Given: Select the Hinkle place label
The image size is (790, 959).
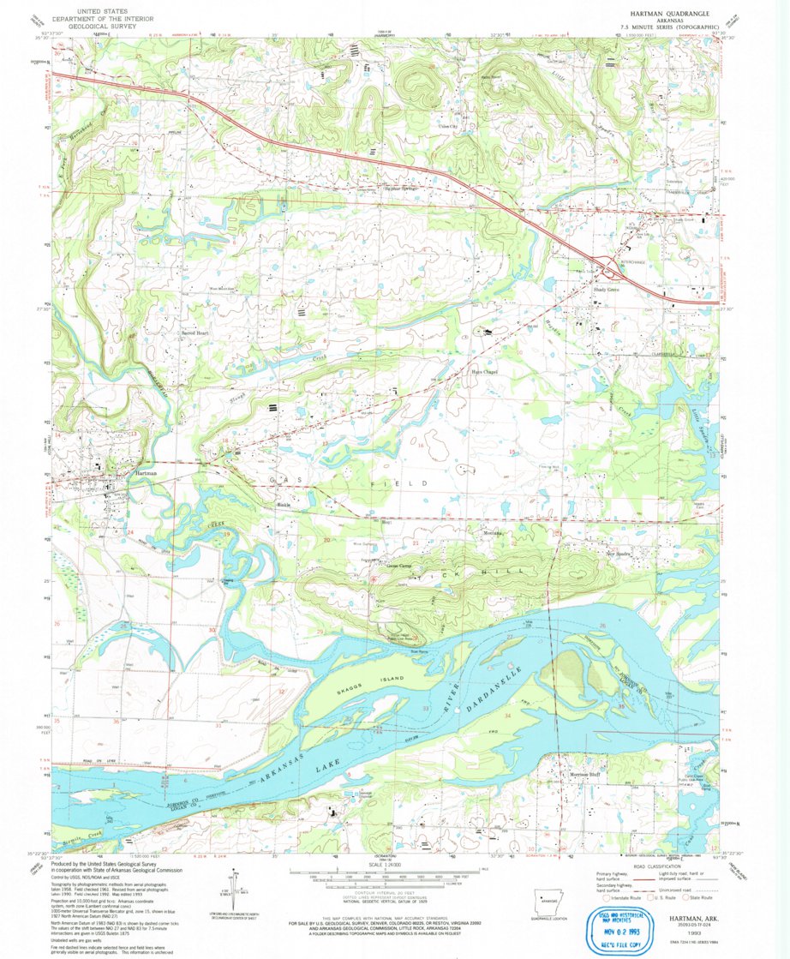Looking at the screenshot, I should pos(283,505).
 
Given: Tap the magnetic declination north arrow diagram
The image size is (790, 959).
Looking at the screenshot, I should pos(234,891).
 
